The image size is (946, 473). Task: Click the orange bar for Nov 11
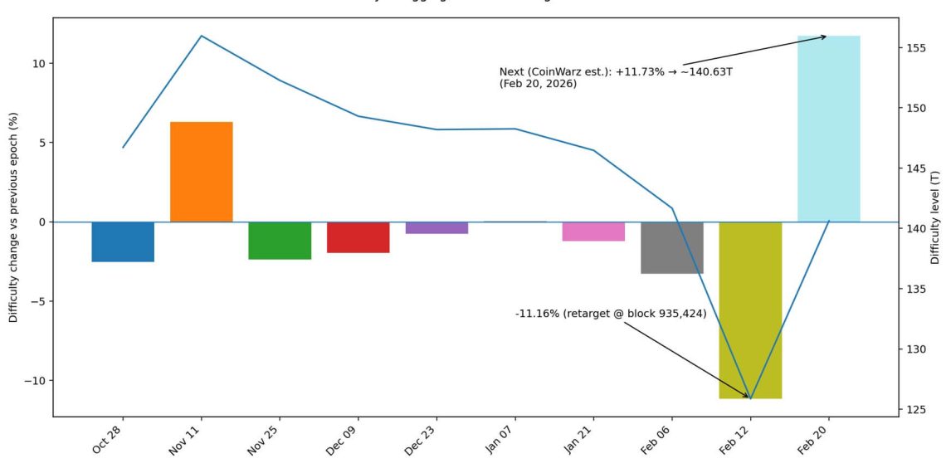[x=202, y=172]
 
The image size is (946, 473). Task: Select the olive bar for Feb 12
[x=750, y=310]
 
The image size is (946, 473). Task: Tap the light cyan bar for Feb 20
[x=828, y=129]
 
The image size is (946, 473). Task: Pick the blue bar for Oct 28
[x=123, y=241]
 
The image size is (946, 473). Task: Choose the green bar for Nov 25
[x=280, y=241]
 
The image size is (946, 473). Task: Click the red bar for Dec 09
[x=358, y=237]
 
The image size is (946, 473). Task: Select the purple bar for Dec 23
[x=436, y=228]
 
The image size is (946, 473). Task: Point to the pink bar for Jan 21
[x=593, y=232]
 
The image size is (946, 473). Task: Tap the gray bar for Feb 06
[x=672, y=247]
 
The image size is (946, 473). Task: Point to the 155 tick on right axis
[x=916, y=48]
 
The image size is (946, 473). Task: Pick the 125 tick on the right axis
[x=916, y=410]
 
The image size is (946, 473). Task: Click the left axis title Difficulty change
[x=13, y=217]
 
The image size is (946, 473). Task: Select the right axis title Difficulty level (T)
[x=935, y=217]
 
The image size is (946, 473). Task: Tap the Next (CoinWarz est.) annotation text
[x=616, y=78]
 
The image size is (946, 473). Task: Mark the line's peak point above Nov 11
[x=202, y=36]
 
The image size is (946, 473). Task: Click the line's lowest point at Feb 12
[x=750, y=398]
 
